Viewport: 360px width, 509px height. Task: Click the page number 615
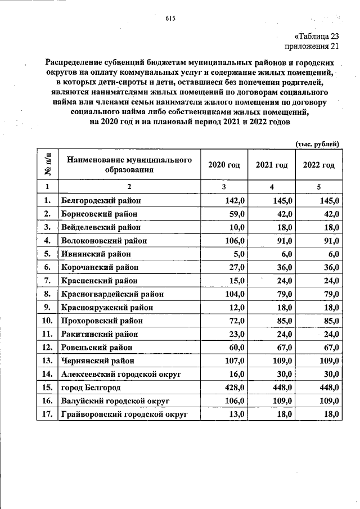pyautogui.click(x=171, y=19)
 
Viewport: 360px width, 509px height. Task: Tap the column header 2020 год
pyautogui.click(x=224, y=165)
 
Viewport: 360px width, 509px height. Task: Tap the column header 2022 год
pyautogui.click(x=318, y=165)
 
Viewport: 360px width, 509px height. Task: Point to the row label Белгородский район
pyautogui.click(x=101, y=200)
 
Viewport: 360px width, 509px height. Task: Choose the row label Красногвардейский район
pyautogui.click(x=112, y=294)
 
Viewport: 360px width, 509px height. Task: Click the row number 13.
pyautogui.click(x=48, y=361)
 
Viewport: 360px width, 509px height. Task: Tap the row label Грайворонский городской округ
pyautogui.click(x=123, y=415)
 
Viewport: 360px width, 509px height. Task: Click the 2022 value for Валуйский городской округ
pyautogui.click(x=327, y=402)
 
